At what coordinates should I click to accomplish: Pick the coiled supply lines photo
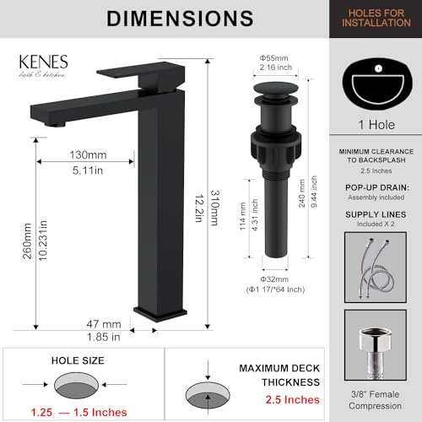(378, 262)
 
